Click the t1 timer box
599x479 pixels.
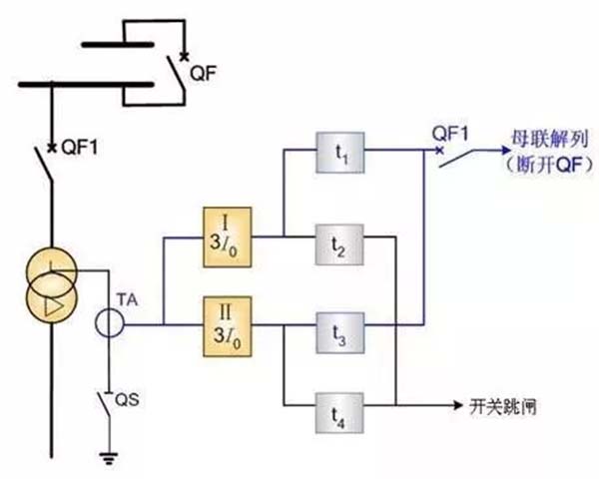pyautogui.click(x=340, y=153)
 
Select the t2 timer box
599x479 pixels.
pyautogui.click(x=339, y=244)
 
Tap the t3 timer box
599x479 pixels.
pyautogui.click(x=340, y=333)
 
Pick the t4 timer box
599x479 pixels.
pyautogui.click(x=339, y=413)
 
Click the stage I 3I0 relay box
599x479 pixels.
pyautogui.click(x=228, y=238)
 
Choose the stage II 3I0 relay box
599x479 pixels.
pyautogui.click(x=228, y=326)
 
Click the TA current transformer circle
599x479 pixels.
pyautogui.click(x=109, y=323)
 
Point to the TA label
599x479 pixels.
pyautogui.click(x=128, y=300)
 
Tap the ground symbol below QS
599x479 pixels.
pyautogui.click(x=109, y=458)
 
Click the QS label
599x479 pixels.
pyautogui.click(x=127, y=400)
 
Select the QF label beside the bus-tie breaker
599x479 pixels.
pyautogui.click(x=204, y=73)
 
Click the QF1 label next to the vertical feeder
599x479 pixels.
pyautogui.click(x=80, y=147)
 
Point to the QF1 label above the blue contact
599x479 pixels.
pyautogui.click(x=450, y=134)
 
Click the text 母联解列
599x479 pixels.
pyautogui.click(x=550, y=140)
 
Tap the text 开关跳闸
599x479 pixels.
pyautogui.click(x=503, y=407)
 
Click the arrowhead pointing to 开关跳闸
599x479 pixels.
pyautogui.click(x=457, y=405)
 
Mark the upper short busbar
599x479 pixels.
pyautogui.click(x=118, y=45)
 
